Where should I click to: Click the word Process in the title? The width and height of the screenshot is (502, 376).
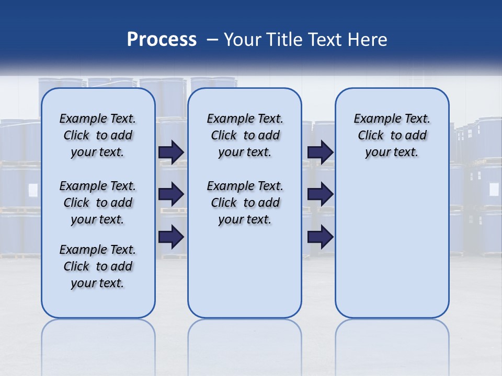[x=162, y=39]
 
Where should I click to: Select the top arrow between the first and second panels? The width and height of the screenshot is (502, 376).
[x=171, y=152]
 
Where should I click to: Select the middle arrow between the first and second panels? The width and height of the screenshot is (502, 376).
[x=171, y=194]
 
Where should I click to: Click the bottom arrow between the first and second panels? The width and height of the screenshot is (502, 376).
[x=171, y=237]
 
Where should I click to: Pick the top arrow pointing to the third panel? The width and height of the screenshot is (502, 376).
[x=320, y=152]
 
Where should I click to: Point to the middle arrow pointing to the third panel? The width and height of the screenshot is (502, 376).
[x=320, y=194]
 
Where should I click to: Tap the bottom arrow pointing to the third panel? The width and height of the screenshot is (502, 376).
[x=320, y=237]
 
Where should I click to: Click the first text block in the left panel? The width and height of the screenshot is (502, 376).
[x=98, y=135]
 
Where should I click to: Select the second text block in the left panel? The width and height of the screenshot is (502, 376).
[x=98, y=203]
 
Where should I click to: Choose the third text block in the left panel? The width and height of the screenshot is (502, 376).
[x=98, y=266]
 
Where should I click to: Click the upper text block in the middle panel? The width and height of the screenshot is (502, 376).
[x=245, y=135]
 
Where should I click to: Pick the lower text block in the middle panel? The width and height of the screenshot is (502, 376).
[x=245, y=203]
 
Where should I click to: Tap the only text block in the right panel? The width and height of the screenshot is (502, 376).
[x=392, y=135]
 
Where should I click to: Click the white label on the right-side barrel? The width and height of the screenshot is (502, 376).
[x=494, y=189]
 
